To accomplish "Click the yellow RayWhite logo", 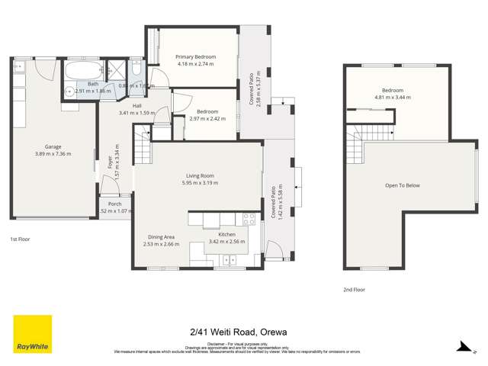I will tap(32, 334).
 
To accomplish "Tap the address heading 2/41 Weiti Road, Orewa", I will tap(243, 332).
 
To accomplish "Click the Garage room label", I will tap(53, 146).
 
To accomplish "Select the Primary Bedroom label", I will tap(195, 57).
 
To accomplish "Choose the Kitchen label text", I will tap(228, 233).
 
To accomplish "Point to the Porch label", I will tap(114, 204).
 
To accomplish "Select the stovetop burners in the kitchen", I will tap(248, 219).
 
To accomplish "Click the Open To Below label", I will tap(403, 185).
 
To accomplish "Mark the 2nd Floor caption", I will tap(354, 290).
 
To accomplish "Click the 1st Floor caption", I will tap(21, 239).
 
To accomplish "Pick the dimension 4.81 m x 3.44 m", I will tap(396, 98).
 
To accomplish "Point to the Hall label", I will tap(137, 106).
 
